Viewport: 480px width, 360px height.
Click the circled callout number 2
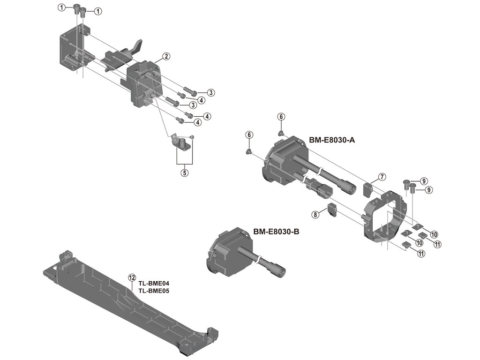click(166, 57)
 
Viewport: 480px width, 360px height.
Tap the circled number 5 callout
click(185, 172)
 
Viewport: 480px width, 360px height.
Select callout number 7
click(382, 177)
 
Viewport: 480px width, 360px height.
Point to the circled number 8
click(315, 214)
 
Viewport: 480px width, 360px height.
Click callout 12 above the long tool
click(132, 277)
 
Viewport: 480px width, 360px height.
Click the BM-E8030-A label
click(331, 140)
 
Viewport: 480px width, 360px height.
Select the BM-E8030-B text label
click(276, 232)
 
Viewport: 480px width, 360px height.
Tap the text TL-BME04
click(153, 284)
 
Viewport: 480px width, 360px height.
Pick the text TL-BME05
click(153, 291)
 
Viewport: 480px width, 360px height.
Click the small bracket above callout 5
click(180, 143)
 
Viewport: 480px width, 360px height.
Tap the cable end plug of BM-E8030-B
click(276, 270)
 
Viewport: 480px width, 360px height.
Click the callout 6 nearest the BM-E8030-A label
click(281, 116)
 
